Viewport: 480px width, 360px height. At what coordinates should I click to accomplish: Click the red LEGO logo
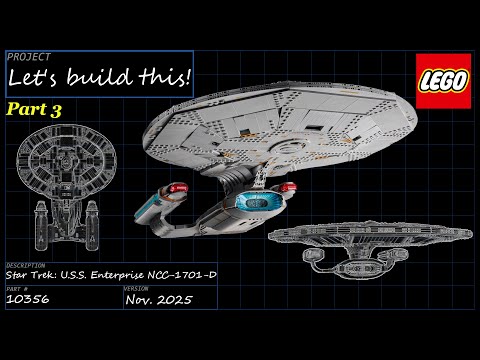[x=442, y=79]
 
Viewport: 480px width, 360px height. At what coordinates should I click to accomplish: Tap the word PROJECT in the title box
[x=23, y=57]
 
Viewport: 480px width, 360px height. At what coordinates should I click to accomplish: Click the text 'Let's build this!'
[x=98, y=76]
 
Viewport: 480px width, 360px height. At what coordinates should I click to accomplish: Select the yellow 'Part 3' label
[x=35, y=109]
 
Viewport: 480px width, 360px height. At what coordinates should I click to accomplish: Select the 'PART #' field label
[x=17, y=287]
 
